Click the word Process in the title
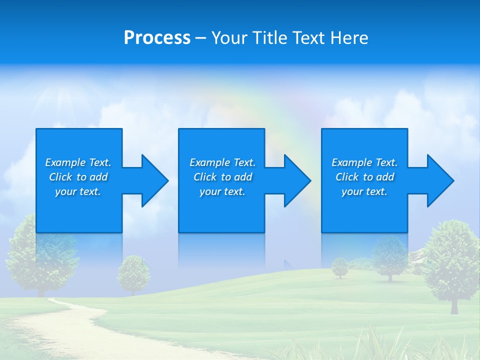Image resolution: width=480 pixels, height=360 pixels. (x=157, y=38)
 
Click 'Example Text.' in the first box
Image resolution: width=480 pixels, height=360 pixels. (x=78, y=162)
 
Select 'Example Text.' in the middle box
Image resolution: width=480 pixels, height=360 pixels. (x=222, y=162)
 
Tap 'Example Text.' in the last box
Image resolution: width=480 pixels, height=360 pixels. (x=364, y=162)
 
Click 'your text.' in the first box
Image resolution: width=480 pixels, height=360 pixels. (x=78, y=191)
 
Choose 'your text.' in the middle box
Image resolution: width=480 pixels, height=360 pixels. (x=222, y=191)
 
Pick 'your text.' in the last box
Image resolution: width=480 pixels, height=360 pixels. (x=364, y=191)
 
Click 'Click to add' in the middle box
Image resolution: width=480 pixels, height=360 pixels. (x=222, y=177)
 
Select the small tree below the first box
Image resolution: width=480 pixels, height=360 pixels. (x=133, y=273)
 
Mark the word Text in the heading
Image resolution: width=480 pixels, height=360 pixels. (x=306, y=38)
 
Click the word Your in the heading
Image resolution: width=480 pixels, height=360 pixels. (x=229, y=38)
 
